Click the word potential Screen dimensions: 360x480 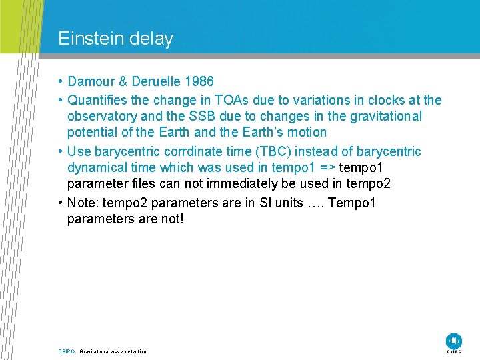(93, 132)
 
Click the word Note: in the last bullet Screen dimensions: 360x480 (83, 203)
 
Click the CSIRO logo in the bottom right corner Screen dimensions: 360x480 (454, 341)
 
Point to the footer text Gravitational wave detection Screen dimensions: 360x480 (113, 351)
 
